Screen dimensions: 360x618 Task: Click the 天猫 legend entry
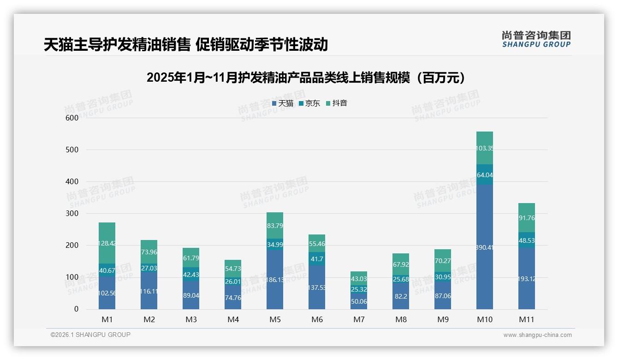tap(283, 103)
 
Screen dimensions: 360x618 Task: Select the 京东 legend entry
tap(309, 103)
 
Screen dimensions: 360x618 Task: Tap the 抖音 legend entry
tap(337, 103)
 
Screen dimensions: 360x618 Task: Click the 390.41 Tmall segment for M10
tap(485, 247)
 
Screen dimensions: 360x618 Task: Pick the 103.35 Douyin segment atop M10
tap(485, 148)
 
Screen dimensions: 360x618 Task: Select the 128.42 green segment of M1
tap(107, 243)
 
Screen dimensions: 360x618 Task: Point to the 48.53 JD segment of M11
tap(527, 240)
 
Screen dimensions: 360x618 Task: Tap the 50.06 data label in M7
tap(359, 301)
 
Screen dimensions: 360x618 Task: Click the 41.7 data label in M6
tap(317, 259)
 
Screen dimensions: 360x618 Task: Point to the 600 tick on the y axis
tap(72, 118)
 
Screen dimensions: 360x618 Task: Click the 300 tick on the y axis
tap(72, 213)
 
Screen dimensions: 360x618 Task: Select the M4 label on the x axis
tap(233, 319)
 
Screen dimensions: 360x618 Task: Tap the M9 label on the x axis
tap(443, 319)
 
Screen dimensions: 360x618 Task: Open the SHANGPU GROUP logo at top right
tap(536, 39)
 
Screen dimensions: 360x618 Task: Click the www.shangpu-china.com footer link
tap(537, 335)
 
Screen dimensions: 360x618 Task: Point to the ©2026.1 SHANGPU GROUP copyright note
tap(90, 335)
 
